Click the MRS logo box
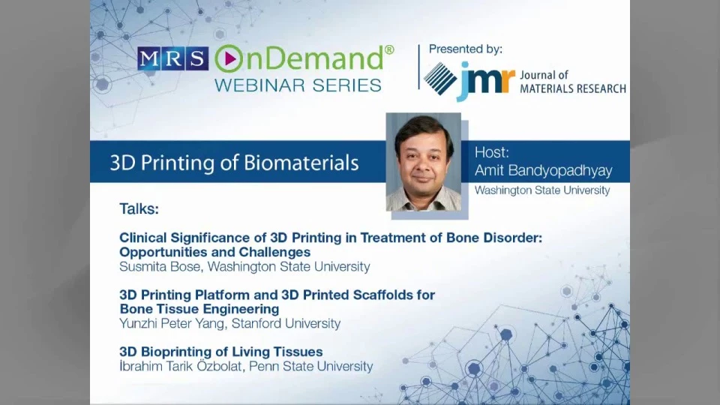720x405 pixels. pyautogui.click(x=172, y=58)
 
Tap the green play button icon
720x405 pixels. pyautogui.click(x=228, y=58)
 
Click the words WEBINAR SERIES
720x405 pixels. pyautogui.click(x=298, y=85)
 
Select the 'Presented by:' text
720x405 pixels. pyautogui.click(x=465, y=49)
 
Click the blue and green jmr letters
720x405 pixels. pyautogui.click(x=485, y=81)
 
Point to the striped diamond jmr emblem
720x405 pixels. pyautogui.click(x=440, y=79)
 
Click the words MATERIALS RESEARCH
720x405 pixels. pyautogui.click(x=572, y=88)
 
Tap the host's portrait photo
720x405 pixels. pyautogui.click(x=423, y=162)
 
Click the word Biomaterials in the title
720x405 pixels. pyautogui.click(x=301, y=163)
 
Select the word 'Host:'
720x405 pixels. pyautogui.click(x=492, y=152)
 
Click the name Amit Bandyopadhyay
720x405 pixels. pyautogui.click(x=543, y=171)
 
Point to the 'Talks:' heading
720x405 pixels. pyautogui.click(x=139, y=209)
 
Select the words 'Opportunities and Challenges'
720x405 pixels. pyautogui.click(x=215, y=252)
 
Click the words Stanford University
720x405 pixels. pyautogui.click(x=286, y=324)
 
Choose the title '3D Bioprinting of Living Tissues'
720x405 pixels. pyautogui.click(x=220, y=352)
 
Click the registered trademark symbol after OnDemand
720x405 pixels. pyautogui.click(x=389, y=49)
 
